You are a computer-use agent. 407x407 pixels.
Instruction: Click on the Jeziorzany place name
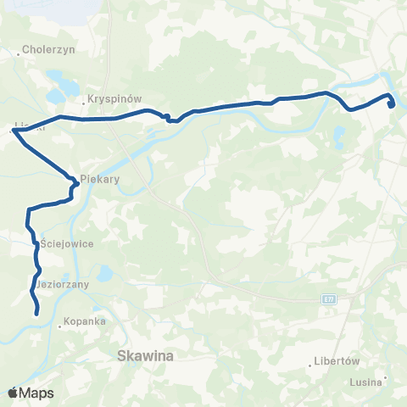[64, 285]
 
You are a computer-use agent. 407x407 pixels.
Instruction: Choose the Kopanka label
[86, 323]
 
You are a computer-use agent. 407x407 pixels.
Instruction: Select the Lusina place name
[365, 381]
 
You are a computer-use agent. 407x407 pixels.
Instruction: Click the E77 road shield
[330, 299]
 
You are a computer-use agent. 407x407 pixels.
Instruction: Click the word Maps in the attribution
[38, 393]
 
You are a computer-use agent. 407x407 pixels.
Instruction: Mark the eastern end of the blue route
[392, 106]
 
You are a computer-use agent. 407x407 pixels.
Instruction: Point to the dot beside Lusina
[385, 378]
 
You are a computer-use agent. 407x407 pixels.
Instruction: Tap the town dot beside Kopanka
[61, 324]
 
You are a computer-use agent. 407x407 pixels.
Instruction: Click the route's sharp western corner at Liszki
[14, 131]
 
